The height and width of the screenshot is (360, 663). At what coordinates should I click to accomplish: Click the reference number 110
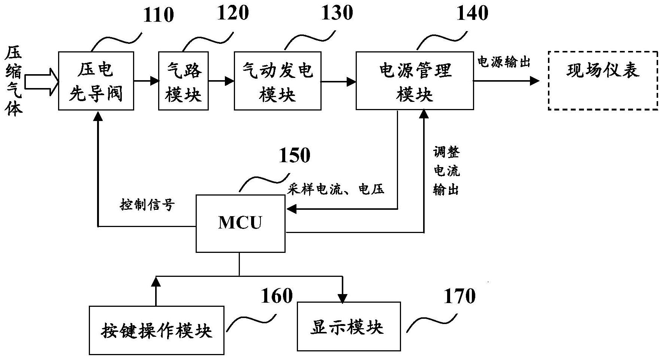coord(159,15)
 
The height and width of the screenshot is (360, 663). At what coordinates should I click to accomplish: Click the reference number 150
coord(295,155)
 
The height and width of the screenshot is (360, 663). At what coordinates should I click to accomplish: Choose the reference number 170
coord(459,297)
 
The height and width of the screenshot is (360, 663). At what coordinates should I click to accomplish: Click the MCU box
coord(240,223)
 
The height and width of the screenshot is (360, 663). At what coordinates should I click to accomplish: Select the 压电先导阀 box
coord(96,81)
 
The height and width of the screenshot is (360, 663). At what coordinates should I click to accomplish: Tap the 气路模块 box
coord(183,81)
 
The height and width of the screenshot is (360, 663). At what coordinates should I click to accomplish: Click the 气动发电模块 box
coord(277,81)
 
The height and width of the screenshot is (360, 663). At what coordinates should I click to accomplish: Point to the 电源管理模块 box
coord(415,81)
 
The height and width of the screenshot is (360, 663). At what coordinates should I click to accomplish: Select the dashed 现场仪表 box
coord(603,80)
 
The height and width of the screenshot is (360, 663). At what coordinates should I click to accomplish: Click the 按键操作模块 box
coord(156,330)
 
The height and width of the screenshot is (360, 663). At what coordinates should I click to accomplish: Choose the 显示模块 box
coord(349,326)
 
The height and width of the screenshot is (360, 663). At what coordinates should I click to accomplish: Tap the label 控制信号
coord(147,205)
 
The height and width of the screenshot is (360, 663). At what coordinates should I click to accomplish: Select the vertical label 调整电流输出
coord(446,171)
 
